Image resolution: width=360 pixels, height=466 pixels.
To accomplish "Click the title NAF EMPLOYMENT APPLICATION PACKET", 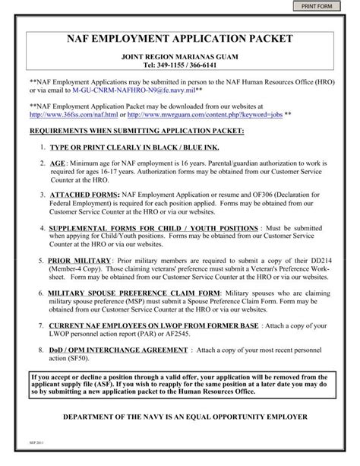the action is pyautogui.click(x=180, y=37).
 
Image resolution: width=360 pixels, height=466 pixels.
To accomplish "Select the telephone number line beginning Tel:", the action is pyautogui.click(x=180, y=66).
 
